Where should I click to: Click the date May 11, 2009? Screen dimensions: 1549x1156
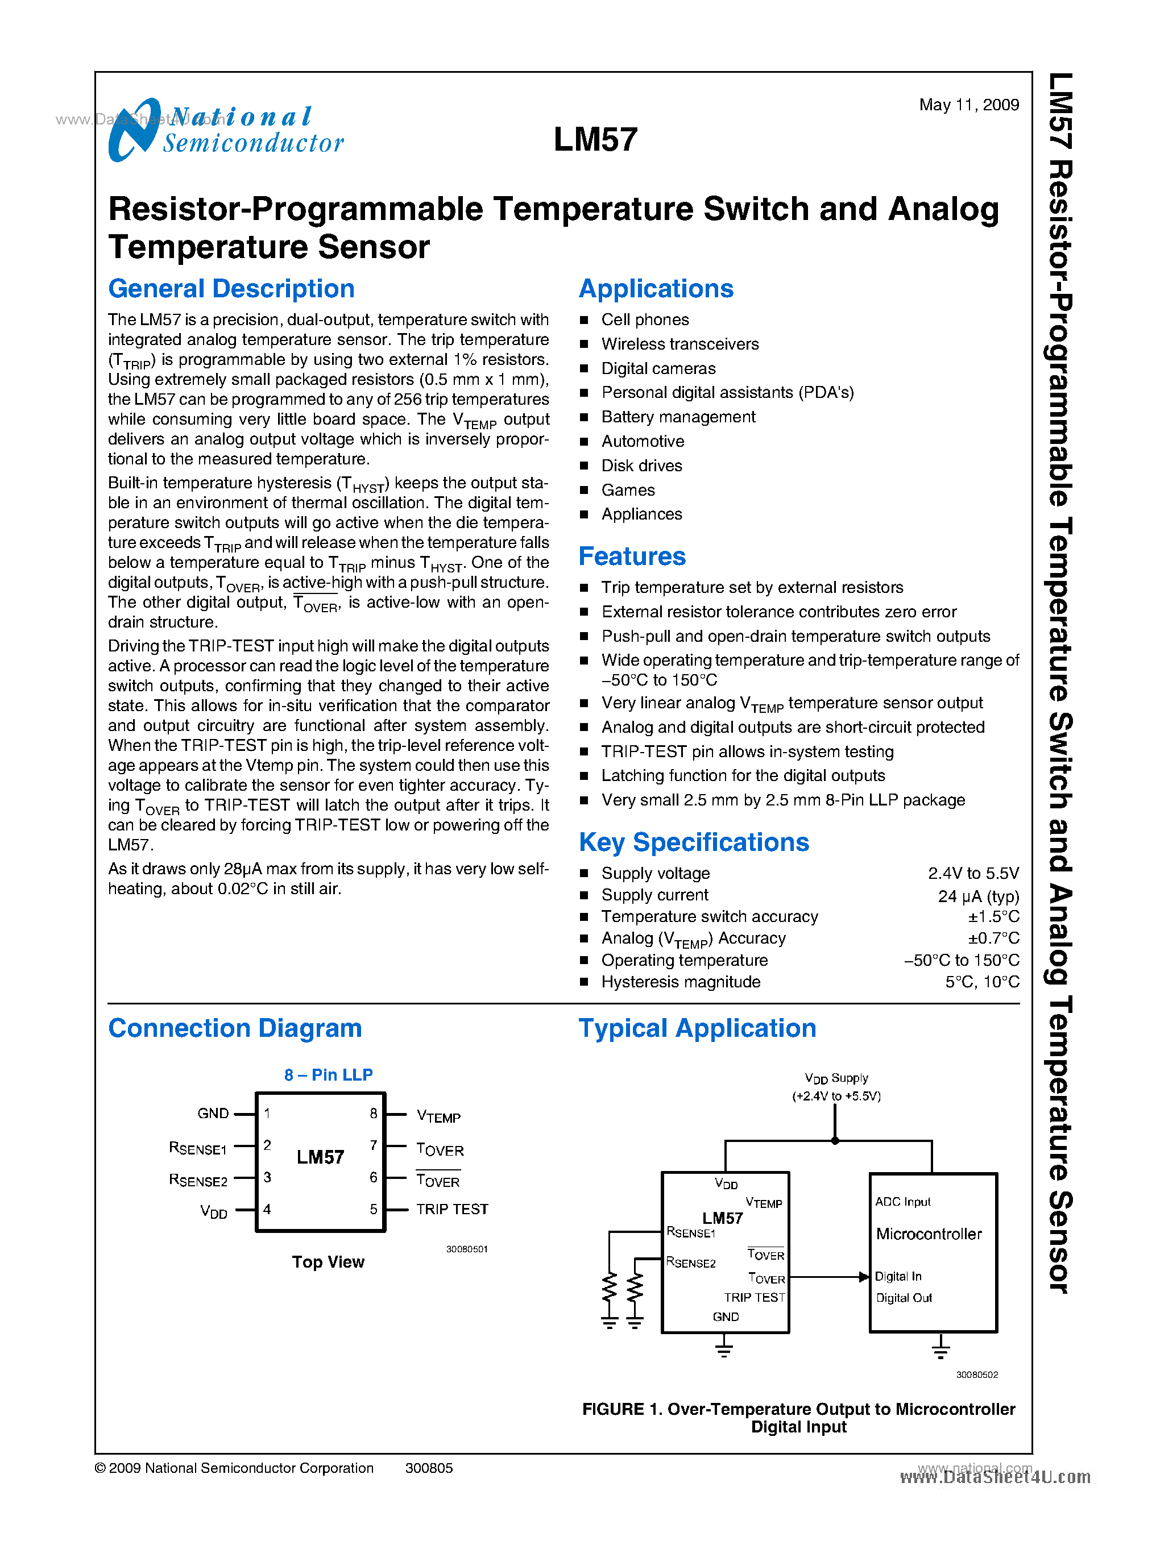point(968,105)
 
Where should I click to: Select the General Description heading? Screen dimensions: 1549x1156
point(231,289)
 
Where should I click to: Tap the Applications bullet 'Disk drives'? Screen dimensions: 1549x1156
point(641,466)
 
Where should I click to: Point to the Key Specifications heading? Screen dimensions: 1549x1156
point(694,842)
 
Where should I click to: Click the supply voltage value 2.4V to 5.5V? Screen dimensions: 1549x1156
point(973,873)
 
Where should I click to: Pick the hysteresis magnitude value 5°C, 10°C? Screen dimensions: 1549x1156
point(982,982)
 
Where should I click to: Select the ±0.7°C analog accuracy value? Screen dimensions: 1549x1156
point(993,938)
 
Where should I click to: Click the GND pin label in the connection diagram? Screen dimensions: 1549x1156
point(213,1113)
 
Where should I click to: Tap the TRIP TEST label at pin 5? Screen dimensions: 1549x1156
point(452,1209)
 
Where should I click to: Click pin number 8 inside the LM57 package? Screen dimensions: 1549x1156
point(374,1113)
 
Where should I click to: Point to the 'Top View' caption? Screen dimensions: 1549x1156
point(328,1261)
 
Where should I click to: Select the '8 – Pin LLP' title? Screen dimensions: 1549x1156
point(328,1075)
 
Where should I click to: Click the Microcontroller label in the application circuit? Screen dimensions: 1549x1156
point(929,1234)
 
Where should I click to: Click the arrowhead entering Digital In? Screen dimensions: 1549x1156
point(864,1277)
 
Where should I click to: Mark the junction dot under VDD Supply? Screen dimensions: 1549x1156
point(835,1140)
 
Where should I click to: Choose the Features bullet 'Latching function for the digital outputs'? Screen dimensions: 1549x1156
point(743,775)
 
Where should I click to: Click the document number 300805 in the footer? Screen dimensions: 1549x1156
point(429,1468)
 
